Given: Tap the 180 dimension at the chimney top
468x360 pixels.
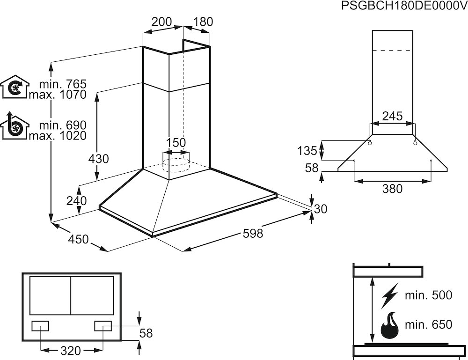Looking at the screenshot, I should (203, 22).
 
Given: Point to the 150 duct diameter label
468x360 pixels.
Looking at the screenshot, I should (176, 142).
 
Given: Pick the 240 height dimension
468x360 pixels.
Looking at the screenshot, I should (76, 200).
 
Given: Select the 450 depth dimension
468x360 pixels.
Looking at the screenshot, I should (78, 239).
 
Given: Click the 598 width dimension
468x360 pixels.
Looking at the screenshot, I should (253, 233).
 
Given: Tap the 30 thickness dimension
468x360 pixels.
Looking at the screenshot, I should (320, 209).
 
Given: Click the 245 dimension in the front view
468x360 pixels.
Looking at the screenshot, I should (392, 117).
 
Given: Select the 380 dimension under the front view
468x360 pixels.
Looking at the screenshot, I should (392, 189).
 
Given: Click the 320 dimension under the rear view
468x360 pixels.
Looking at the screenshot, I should (71, 350).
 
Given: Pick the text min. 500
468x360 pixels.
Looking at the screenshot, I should (429, 295).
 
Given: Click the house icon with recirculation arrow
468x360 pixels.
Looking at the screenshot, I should (15, 87).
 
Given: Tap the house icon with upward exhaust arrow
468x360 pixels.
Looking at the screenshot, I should (15, 126).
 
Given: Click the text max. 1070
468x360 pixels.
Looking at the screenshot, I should (58, 95).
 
